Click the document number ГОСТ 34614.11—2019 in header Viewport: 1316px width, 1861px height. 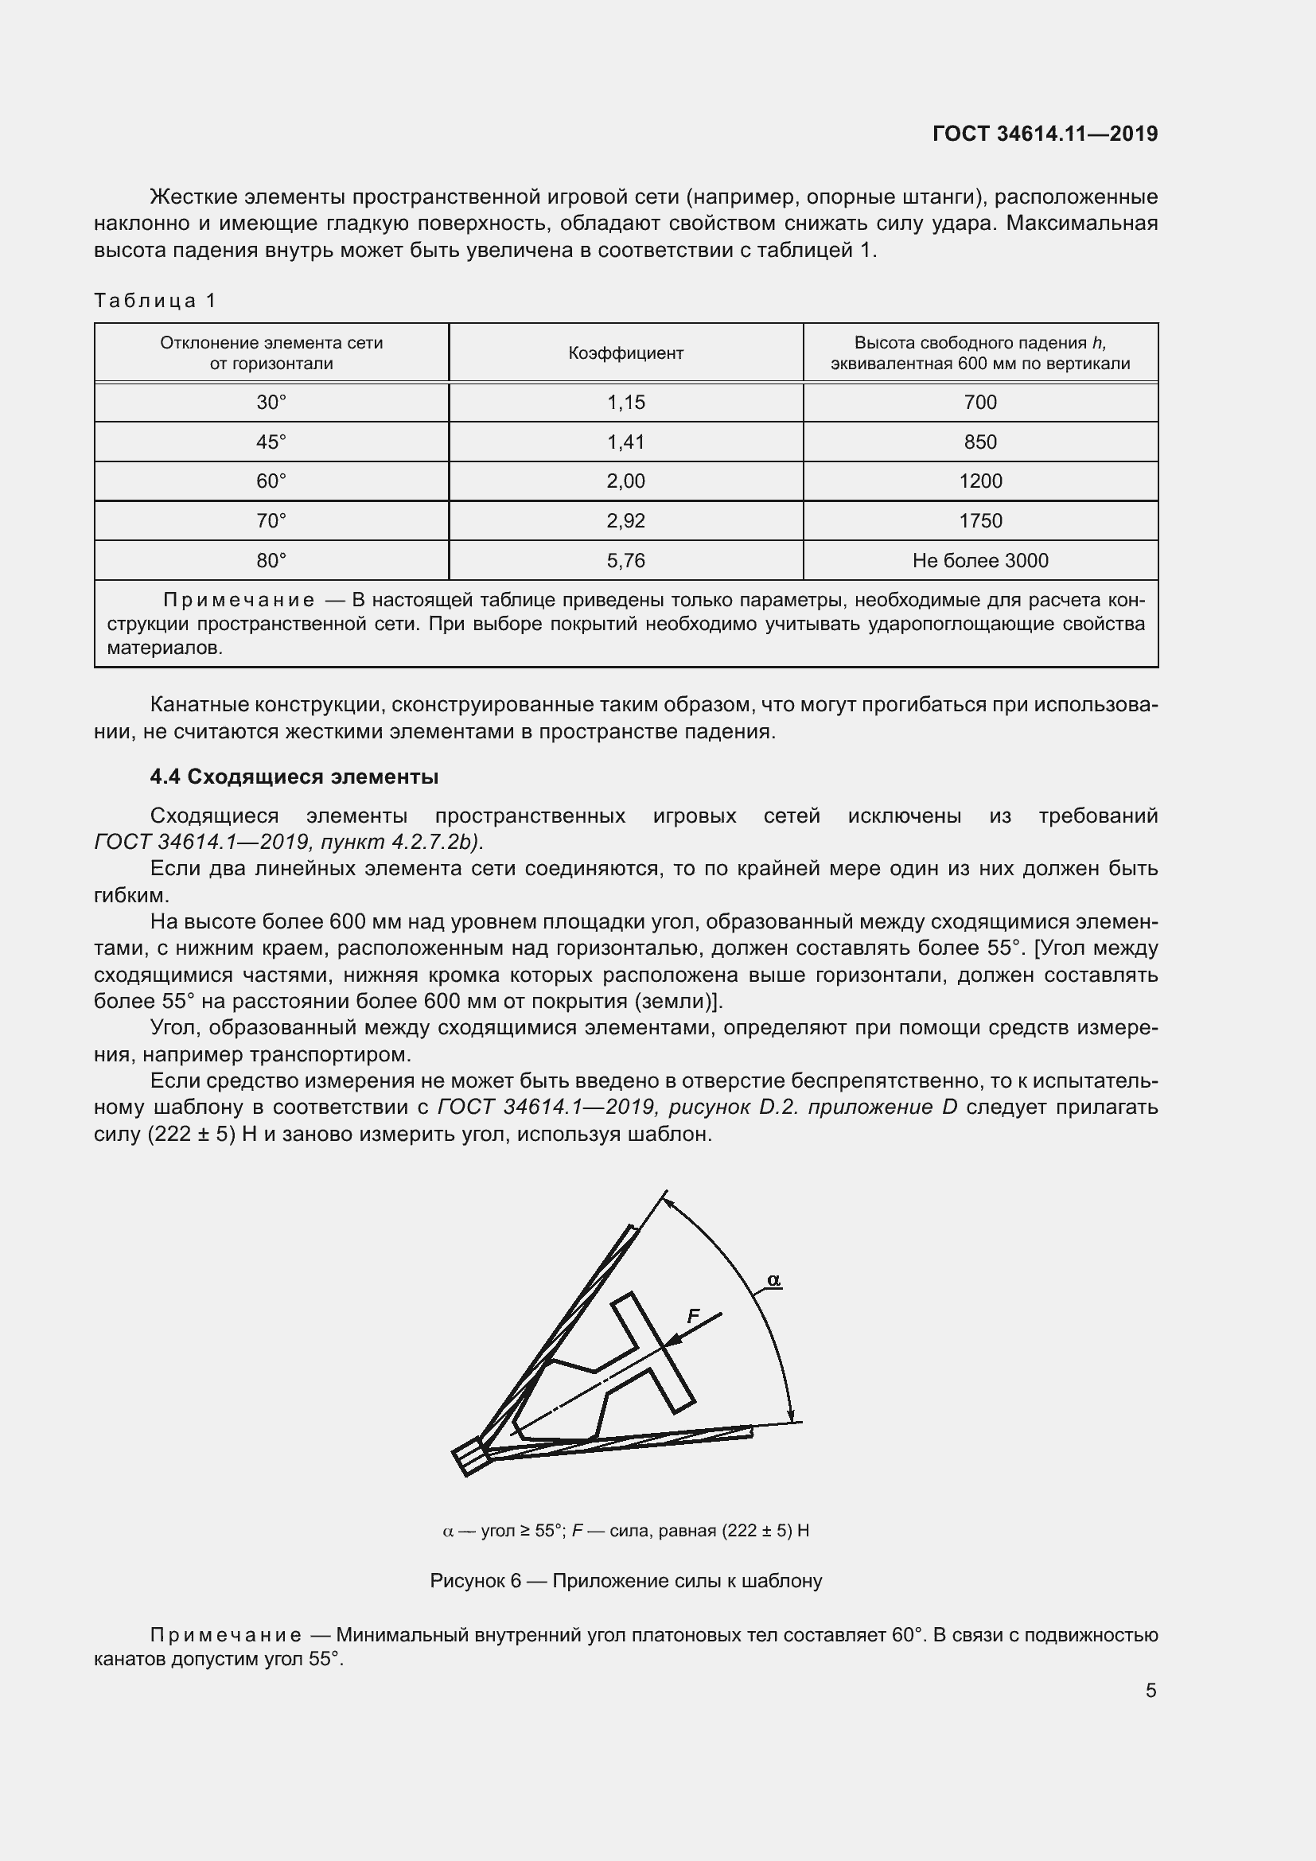1045,134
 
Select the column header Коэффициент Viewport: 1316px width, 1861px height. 625,353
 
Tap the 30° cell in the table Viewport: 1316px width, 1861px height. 271,403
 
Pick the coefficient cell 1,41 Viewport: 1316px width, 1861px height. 625,442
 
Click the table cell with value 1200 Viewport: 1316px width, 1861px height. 980,481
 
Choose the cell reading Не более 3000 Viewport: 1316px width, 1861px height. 980,561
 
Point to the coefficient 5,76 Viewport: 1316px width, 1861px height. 625,561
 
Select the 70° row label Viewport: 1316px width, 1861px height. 271,521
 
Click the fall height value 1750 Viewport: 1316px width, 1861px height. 980,521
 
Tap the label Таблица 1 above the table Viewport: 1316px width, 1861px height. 155,301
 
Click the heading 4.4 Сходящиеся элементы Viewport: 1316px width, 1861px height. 294,777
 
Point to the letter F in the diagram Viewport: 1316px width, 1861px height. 693,1316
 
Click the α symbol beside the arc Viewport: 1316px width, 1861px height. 773,1280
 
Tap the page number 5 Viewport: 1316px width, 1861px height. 1151,1691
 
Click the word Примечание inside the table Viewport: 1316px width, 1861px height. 239,601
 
